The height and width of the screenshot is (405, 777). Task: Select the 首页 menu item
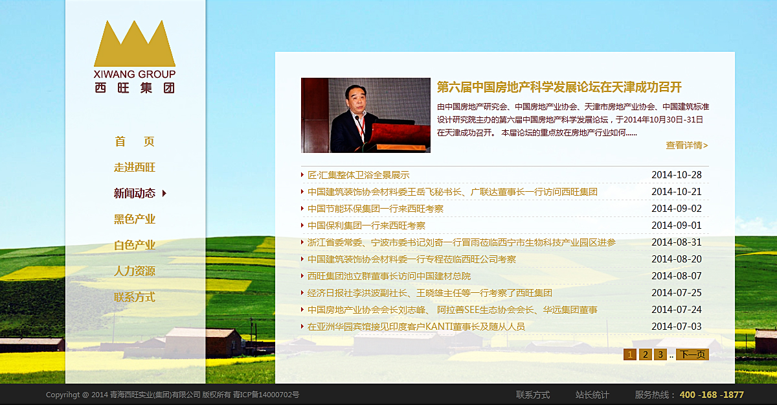click(x=135, y=142)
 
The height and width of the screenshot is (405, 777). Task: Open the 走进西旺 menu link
click(x=135, y=167)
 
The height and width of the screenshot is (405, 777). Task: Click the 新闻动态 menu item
click(x=135, y=193)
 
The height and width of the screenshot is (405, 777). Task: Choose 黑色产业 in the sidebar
click(x=135, y=219)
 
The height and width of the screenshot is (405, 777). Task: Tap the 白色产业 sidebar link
click(x=135, y=246)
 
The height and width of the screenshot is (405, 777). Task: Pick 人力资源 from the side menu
click(x=135, y=271)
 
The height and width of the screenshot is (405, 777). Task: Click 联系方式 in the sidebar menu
click(x=135, y=297)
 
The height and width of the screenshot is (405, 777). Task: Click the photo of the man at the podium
click(x=366, y=115)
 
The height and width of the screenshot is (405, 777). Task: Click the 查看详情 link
click(x=687, y=145)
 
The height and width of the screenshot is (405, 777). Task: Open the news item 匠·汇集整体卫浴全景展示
click(x=358, y=175)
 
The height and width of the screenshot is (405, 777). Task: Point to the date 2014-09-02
click(x=677, y=209)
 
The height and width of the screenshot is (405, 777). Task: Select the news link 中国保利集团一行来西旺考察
click(x=366, y=226)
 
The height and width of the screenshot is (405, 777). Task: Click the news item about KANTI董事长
click(x=416, y=327)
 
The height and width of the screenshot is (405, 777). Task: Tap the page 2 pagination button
click(x=645, y=354)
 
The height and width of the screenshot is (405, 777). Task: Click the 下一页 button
click(x=692, y=354)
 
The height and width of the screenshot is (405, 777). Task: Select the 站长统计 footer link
click(x=592, y=395)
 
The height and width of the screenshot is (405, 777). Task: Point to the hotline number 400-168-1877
click(x=712, y=395)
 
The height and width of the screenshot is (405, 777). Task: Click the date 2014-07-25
click(x=677, y=293)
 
